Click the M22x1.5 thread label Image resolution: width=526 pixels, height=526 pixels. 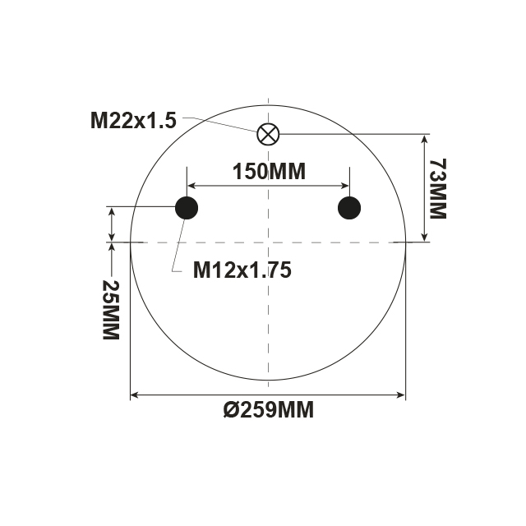coord(133,121)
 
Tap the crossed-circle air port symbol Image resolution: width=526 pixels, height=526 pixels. coord(269,134)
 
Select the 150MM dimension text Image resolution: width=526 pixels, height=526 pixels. coord(269,172)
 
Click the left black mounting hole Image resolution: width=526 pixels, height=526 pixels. coord(187,208)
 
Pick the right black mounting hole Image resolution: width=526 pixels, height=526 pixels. coord(350,208)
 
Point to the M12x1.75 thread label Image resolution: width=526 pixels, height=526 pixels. coord(242,270)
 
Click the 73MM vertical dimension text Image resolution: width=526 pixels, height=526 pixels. coord(436,188)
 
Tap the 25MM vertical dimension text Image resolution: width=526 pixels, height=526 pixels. coord(109,310)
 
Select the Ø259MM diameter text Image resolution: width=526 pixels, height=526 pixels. coord(269,409)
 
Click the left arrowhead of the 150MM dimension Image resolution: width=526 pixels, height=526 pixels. coord(191,186)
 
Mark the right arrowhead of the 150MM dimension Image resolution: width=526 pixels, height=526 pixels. coord(346,186)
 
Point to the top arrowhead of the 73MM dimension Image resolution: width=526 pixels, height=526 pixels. coord(424,138)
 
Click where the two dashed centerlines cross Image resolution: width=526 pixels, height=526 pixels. coord(269,242)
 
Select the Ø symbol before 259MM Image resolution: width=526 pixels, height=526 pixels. coord(230,409)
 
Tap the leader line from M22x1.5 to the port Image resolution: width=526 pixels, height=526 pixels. coord(222,123)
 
